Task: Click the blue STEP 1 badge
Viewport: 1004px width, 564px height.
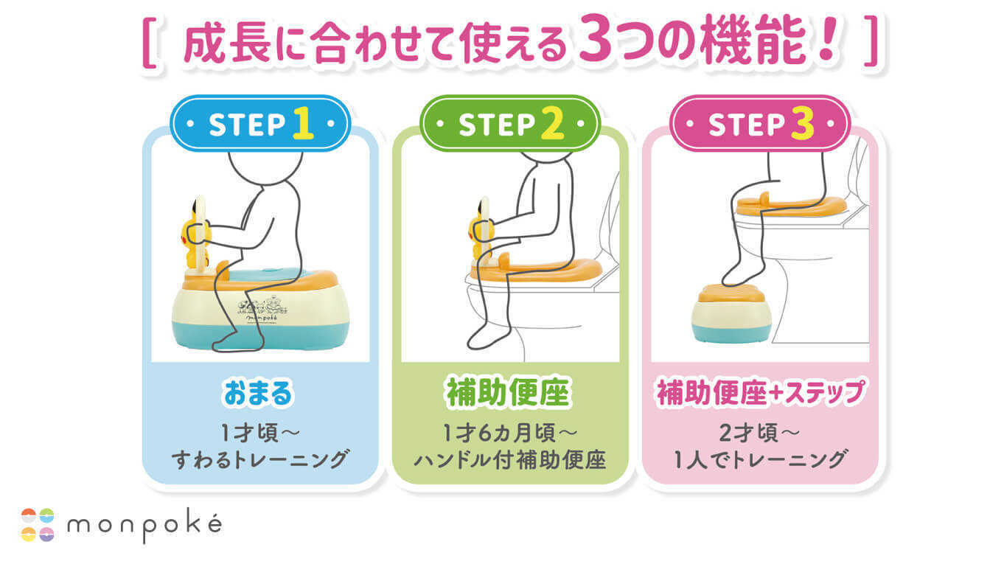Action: [x=259, y=124]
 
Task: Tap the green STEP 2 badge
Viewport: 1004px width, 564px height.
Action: [x=510, y=124]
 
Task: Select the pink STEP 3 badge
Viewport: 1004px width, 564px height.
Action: [x=760, y=124]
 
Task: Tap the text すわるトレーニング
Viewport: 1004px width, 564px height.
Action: [x=259, y=461]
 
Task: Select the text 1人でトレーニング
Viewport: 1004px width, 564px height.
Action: [x=760, y=461]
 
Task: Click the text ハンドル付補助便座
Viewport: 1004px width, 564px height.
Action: [x=509, y=461]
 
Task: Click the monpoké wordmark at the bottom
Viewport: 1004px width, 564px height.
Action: [x=144, y=524]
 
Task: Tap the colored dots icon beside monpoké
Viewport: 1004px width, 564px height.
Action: [x=38, y=524]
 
